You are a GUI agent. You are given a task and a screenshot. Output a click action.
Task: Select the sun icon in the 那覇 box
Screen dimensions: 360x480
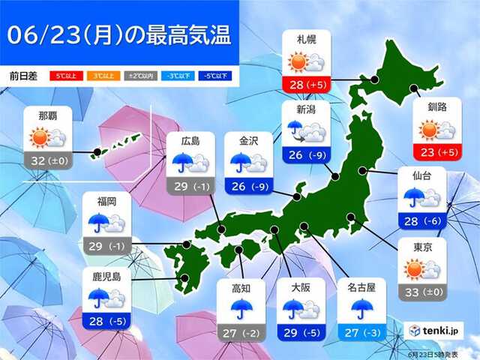point(39,137)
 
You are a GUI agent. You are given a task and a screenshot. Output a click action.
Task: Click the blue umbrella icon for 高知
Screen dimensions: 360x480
point(241,307)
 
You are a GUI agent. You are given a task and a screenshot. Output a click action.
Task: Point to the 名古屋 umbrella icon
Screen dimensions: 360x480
point(362,307)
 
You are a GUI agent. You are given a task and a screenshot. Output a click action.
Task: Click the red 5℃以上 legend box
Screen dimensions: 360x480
point(65,76)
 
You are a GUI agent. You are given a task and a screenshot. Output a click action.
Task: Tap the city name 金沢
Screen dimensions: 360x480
point(249,140)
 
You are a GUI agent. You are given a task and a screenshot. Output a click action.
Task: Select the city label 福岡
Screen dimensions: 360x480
point(107,201)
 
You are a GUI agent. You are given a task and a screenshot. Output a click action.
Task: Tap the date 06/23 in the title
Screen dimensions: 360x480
point(41,34)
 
